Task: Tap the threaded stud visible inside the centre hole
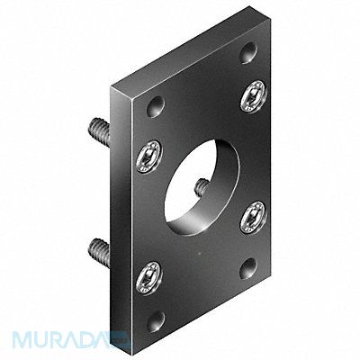202,187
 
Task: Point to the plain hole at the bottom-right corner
247,266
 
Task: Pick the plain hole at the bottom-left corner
157,319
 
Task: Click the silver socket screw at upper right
253,96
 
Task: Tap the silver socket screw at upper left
147,157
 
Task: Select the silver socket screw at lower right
253,216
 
